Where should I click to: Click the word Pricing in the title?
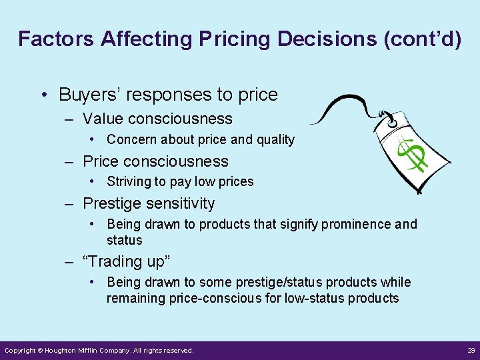(233, 39)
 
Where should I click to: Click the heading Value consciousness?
(157, 119)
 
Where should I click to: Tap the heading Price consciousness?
(155, 161)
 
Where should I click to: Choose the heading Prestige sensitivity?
(149, 203)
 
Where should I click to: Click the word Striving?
(129, 182)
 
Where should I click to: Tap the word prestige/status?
(248, 283)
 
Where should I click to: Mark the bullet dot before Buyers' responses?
(44, 95)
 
